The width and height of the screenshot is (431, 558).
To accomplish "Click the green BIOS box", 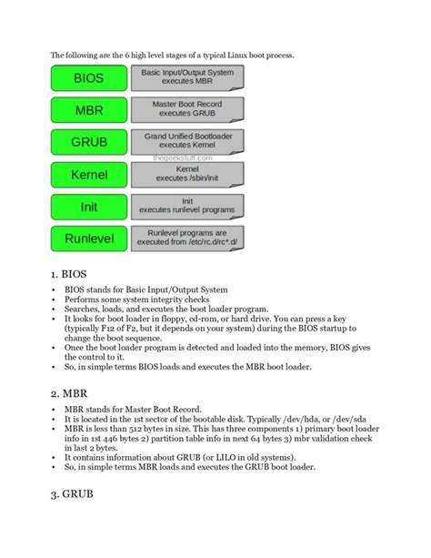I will pyautogui.click(x=89, y=79).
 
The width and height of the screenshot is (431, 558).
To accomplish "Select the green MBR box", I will pyautogui.click(x=89, y=111).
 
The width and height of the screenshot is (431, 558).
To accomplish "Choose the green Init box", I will pyautogui.click(x=89, y=207).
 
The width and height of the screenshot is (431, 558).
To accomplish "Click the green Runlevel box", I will pyautogui.click(x=89, y=238).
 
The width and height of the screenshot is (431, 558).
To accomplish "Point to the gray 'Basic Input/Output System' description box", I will pyautogui.click(x=186, y=79).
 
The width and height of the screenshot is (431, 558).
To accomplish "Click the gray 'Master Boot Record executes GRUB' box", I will pyautogui.click(x=186, y=111).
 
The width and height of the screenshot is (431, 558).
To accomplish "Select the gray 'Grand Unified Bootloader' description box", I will pyautogui.click(x=186, y=140).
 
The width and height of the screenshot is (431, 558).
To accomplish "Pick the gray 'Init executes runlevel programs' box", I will pyautogui.click(x=186, y=207).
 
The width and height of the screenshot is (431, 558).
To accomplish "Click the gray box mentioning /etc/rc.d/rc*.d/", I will pyautogui.click(x=186, y=238).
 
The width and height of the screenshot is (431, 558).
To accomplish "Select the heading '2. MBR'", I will pyautogui.click(x=71, y=392).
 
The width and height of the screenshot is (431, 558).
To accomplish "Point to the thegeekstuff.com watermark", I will pyautogui.click(x=186, y=157).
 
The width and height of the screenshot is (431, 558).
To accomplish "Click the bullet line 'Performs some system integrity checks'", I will pyautogui.click(x=136, y=299).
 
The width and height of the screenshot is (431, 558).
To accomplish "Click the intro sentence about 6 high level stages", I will pyautogui.click(x=172, y=56).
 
